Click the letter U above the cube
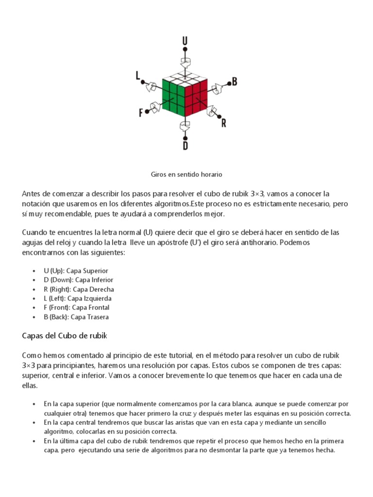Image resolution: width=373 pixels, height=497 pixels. pos(185,40)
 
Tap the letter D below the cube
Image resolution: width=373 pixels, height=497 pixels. pos(185,146)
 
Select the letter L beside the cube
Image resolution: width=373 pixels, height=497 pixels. pos(138,75)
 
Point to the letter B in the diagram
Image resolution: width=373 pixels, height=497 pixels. pos(234,82)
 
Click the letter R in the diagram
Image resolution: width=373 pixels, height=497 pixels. pos(223,123)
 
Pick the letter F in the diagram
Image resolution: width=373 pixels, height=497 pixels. pos(141,113)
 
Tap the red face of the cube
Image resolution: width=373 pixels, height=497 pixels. pos(197,98)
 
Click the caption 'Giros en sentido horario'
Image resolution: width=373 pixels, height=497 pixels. pos(186,173)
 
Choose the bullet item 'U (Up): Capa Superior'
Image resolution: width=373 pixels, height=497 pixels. pos(76,271)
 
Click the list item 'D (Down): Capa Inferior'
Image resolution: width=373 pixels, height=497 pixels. pos(78,280)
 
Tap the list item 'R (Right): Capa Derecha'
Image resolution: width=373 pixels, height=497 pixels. pos(79,289)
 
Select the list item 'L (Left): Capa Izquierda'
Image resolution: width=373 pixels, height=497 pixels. pos(78,298)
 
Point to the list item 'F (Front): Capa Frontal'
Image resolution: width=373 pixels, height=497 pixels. pos(76,308)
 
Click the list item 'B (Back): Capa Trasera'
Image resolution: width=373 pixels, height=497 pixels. pos(76,317)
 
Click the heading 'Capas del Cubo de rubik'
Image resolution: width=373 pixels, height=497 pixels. pos(65,336)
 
